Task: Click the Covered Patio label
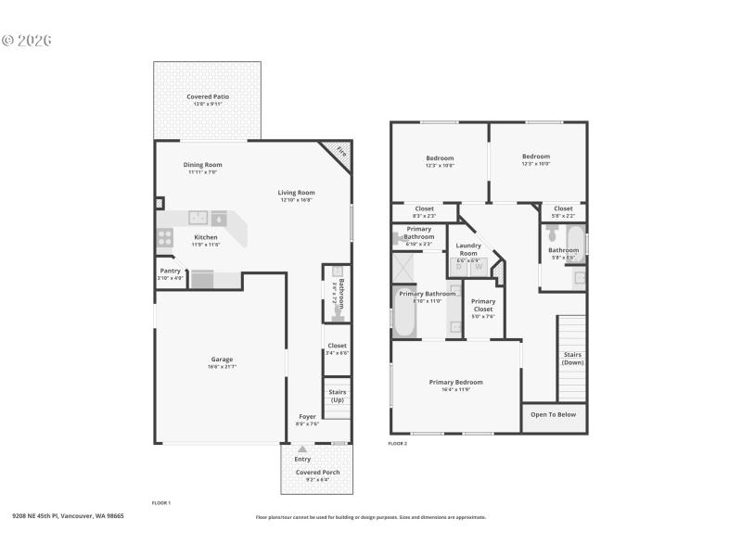click(x=208, y=96)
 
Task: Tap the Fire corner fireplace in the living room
click(x=339, y=151)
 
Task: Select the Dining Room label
click(x=202, y=165)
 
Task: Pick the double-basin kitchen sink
click(x=198, y=219)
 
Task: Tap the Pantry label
click(x=171, y=271)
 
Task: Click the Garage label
click(x=222, y=359)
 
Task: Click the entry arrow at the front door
click(x=301, y=449)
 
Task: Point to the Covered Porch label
click(x=317, y=473)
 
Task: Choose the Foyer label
click(x=307, y=416)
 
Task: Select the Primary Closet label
click(x=483, y=305)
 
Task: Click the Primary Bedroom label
click(x=455, y=382)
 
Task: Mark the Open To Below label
click(x=553, y=414)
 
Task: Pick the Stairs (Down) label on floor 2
click(x=572, y=358)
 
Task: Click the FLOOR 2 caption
click(x=397, y=444)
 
